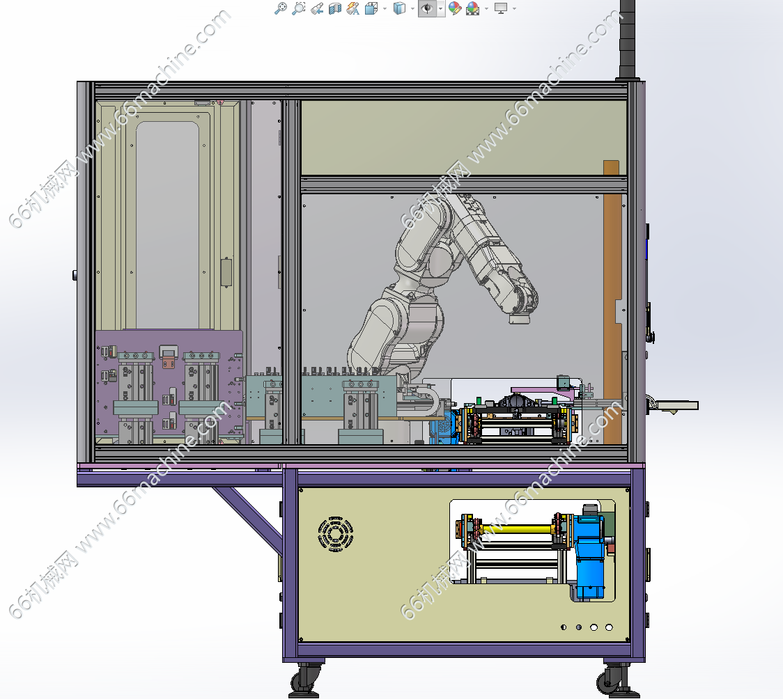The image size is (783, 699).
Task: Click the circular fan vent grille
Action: point(336,534)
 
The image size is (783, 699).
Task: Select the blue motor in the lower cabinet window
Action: point(590,552)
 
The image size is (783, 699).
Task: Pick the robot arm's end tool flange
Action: point(520,318)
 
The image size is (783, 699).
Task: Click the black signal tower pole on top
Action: point(627,40)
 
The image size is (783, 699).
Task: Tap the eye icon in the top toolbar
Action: point(427,8)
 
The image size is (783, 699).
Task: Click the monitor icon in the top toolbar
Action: point(500,8)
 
